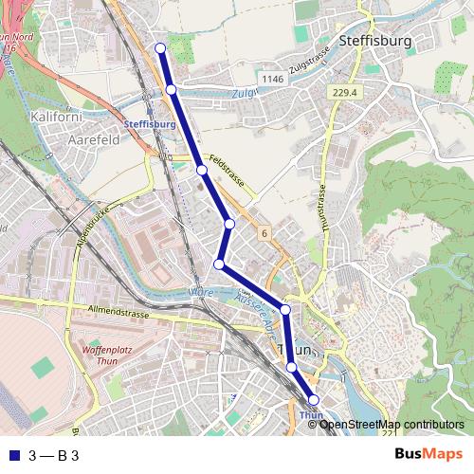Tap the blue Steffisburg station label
151,124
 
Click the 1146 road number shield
272,79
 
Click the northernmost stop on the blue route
160,48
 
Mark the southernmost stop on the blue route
315,401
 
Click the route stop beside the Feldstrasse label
202,170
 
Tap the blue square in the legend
13,455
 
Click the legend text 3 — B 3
53,455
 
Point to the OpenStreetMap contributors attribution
391,424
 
